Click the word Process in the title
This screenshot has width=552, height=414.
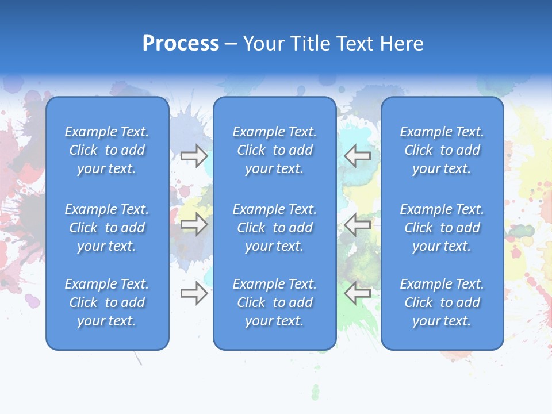click(181, 44)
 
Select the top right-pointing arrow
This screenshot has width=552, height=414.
click(194, 156)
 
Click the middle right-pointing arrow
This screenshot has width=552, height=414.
click(194, 225)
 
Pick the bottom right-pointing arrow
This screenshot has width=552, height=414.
click(194, 293)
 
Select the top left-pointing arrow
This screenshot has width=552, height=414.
click(358, 156)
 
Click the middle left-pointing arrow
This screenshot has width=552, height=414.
click(358, 225)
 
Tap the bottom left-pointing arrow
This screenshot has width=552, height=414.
click(358, 293)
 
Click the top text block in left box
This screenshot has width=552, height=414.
click(107, 150)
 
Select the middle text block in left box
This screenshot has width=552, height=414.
click(107, 228)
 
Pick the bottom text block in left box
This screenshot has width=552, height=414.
click(107, 302)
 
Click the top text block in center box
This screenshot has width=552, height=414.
click(274, 150)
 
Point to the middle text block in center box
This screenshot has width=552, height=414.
click(274, 228)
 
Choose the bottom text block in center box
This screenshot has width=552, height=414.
click(274, 302)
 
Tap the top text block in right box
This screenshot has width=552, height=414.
click(442, 150)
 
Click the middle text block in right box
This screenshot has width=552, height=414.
click(442, 228)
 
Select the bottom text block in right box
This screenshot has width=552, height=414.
click(442, 302)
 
